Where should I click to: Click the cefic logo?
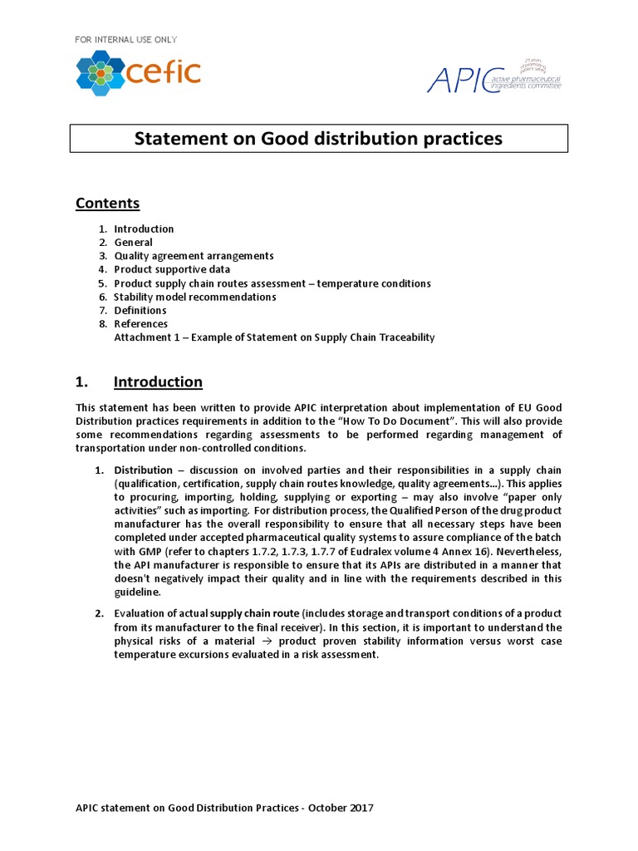coord(138,72)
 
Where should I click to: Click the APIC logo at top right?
coord(493,76)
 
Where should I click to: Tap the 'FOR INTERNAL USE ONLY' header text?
coord(126,39)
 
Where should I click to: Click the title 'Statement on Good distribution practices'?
coord(318,139)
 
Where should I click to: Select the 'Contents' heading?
coord(108,204)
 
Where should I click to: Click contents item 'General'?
coord(133,243)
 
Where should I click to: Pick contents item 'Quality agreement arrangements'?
coord(194,256)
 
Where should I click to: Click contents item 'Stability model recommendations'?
coord(195,297)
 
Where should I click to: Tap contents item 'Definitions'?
coord(140,310)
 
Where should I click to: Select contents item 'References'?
coord(140,323)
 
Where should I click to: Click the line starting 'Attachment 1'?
coord(274,337)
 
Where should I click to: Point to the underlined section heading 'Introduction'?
coord(158,382)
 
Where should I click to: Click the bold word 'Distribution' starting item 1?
coord(143,470)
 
